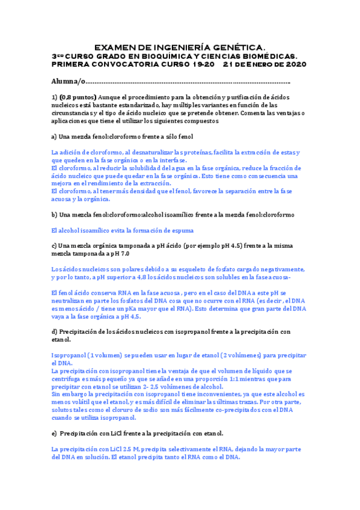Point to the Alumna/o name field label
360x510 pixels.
[69, 81]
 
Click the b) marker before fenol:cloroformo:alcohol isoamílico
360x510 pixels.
[55, 214]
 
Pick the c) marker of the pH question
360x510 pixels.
[55, 245]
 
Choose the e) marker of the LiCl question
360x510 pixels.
[55, 433]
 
